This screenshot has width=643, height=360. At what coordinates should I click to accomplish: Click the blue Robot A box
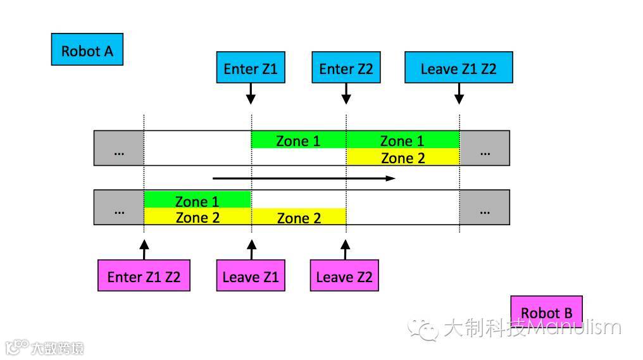(x=87, y=50)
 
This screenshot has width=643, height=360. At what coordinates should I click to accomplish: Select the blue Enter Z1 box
(x=251, y=68)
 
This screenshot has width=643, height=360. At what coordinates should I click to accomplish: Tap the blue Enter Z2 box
(x=346, y=68)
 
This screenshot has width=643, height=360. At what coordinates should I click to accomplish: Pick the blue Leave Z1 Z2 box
(x=458, y=68)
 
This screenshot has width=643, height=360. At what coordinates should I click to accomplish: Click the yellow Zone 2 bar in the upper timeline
(x=403, y=158)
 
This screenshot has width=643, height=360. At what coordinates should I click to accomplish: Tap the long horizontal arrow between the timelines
(x=304, y=178)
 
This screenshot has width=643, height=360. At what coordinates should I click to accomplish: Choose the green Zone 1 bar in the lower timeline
(x=197, y=201)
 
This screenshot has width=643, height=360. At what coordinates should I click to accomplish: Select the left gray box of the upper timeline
(x=119, y=148)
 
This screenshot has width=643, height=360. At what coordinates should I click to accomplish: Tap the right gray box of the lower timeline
(x=485, y=208)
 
